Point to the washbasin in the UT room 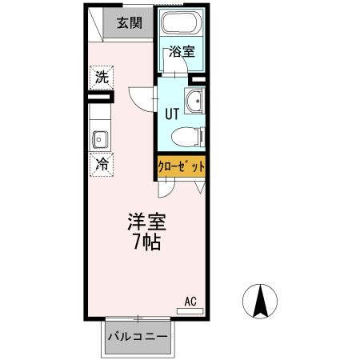tap(194, 102)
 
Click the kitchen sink tap(101, 139)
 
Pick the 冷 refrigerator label tap(102, 164)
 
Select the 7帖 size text tap(146, 242)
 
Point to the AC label tap(190, 302)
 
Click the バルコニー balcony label tap(138, 337)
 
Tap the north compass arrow tap(259, 302)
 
